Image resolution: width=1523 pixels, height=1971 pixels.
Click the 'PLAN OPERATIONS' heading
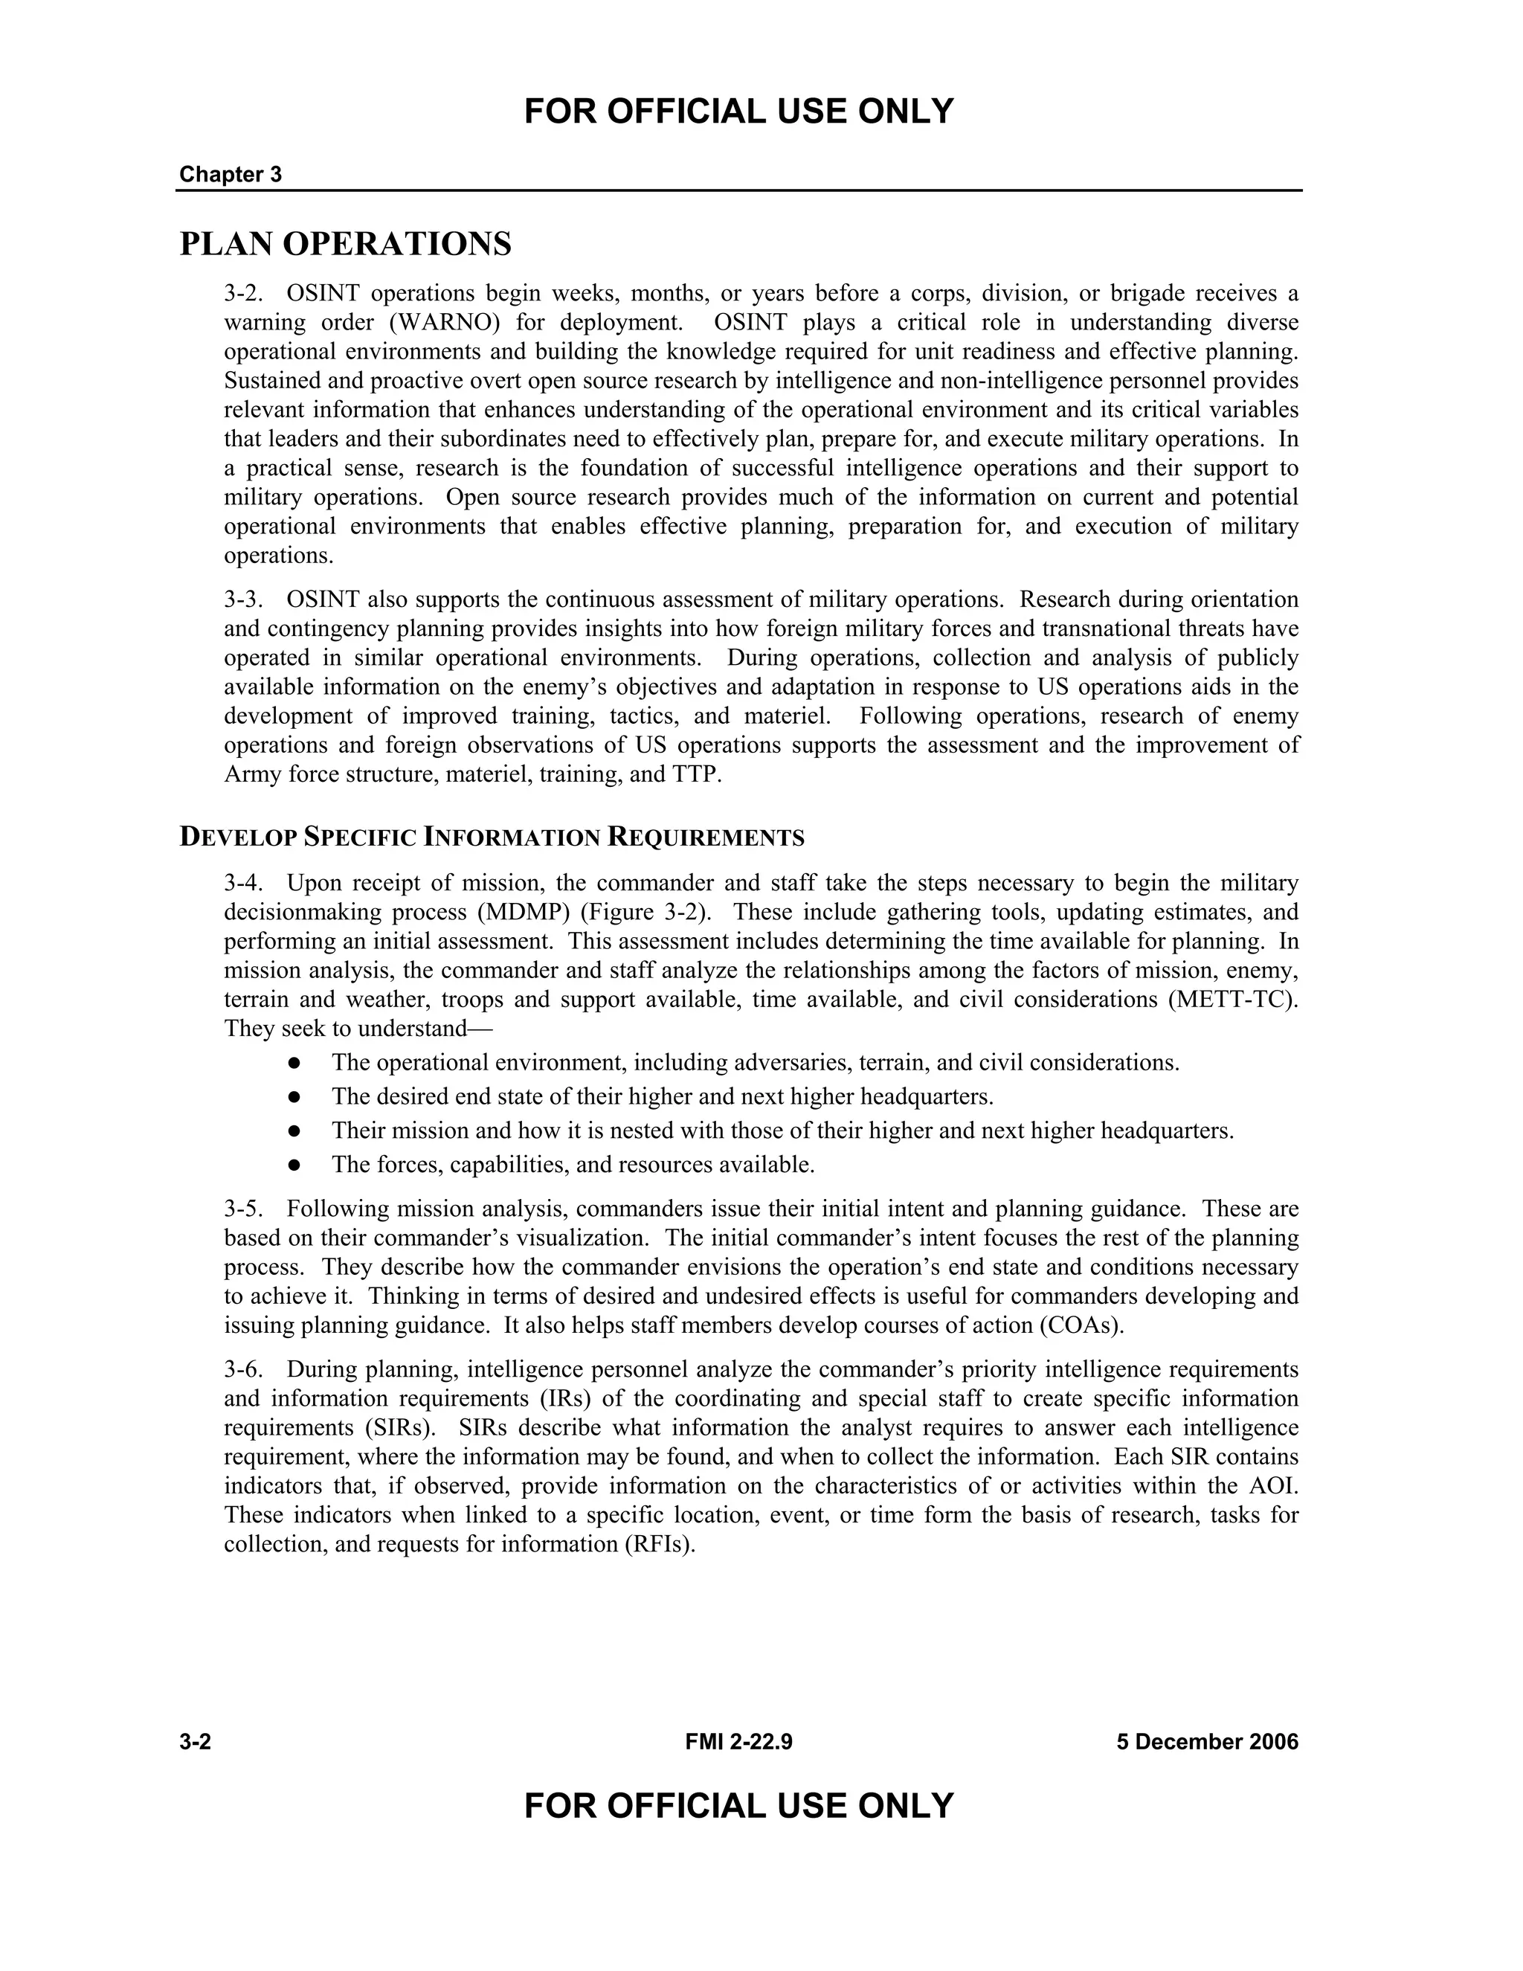point(346,244)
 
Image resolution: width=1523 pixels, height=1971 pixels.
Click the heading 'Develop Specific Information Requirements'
point(492,837)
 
